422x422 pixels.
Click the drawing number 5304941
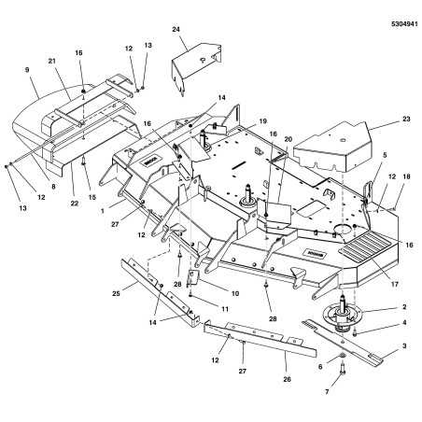[x=404, y=24]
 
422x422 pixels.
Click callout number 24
[x=176, y=29]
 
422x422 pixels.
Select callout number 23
[x=406, y=119]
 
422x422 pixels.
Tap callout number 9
[x=27, y=70]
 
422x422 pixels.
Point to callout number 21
[x=51, y=61]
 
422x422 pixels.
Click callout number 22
[x=74, y=204]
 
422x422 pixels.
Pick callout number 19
[x=263, y=121]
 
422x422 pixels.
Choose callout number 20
[x=288, y=139]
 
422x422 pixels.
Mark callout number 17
[x=394, y=284]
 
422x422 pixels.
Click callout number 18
[x=406, y=176]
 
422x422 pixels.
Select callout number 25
[x=116, y=293]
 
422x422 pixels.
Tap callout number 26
[x=287, y=379]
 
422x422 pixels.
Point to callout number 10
[x=235, y=293]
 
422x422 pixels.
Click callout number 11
[x=225, y=309]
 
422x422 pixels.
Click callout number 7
[x=327, y=392]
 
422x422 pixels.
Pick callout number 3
[x=404, y=345]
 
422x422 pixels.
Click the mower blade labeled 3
[x=343, y=342]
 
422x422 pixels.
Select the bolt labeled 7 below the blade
[x=343, y=369]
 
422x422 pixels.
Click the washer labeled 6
[x=342, y=356]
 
